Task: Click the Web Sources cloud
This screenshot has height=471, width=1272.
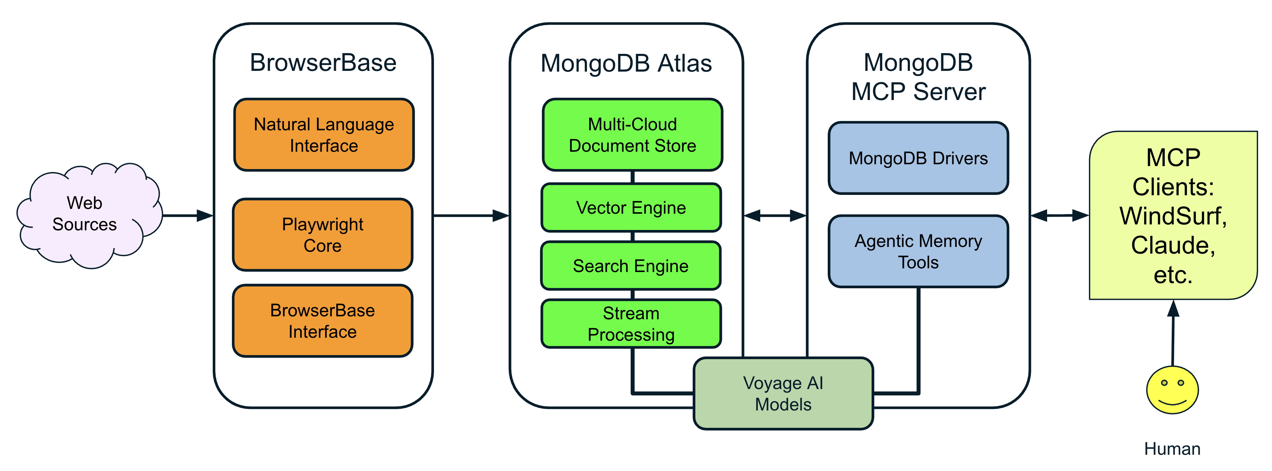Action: (85, 214)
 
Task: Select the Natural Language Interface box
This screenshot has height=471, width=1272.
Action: (324, 135)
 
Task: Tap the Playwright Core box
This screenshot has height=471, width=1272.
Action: (323, 235)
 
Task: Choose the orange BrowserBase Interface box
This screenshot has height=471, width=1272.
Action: (323, 321)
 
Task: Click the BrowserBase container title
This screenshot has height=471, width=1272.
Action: (323, 63)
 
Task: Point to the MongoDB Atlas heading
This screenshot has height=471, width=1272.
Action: (626, 64)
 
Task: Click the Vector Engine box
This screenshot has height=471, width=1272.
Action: (631, 207)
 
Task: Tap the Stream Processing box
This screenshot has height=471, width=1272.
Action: (631, 324)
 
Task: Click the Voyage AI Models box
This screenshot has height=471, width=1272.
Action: (783, 394)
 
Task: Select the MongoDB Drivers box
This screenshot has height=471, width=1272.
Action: (918, 158)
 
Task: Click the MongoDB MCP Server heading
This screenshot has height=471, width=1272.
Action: (918, 78)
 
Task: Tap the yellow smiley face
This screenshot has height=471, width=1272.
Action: (1172, 390)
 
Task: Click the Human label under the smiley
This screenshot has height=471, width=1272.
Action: (1172, 449)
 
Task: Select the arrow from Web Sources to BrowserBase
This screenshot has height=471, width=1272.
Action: (188, 216)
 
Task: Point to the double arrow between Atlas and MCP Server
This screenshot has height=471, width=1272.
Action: (775, 216)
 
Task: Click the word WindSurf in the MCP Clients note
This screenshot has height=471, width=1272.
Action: (1173, 216)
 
